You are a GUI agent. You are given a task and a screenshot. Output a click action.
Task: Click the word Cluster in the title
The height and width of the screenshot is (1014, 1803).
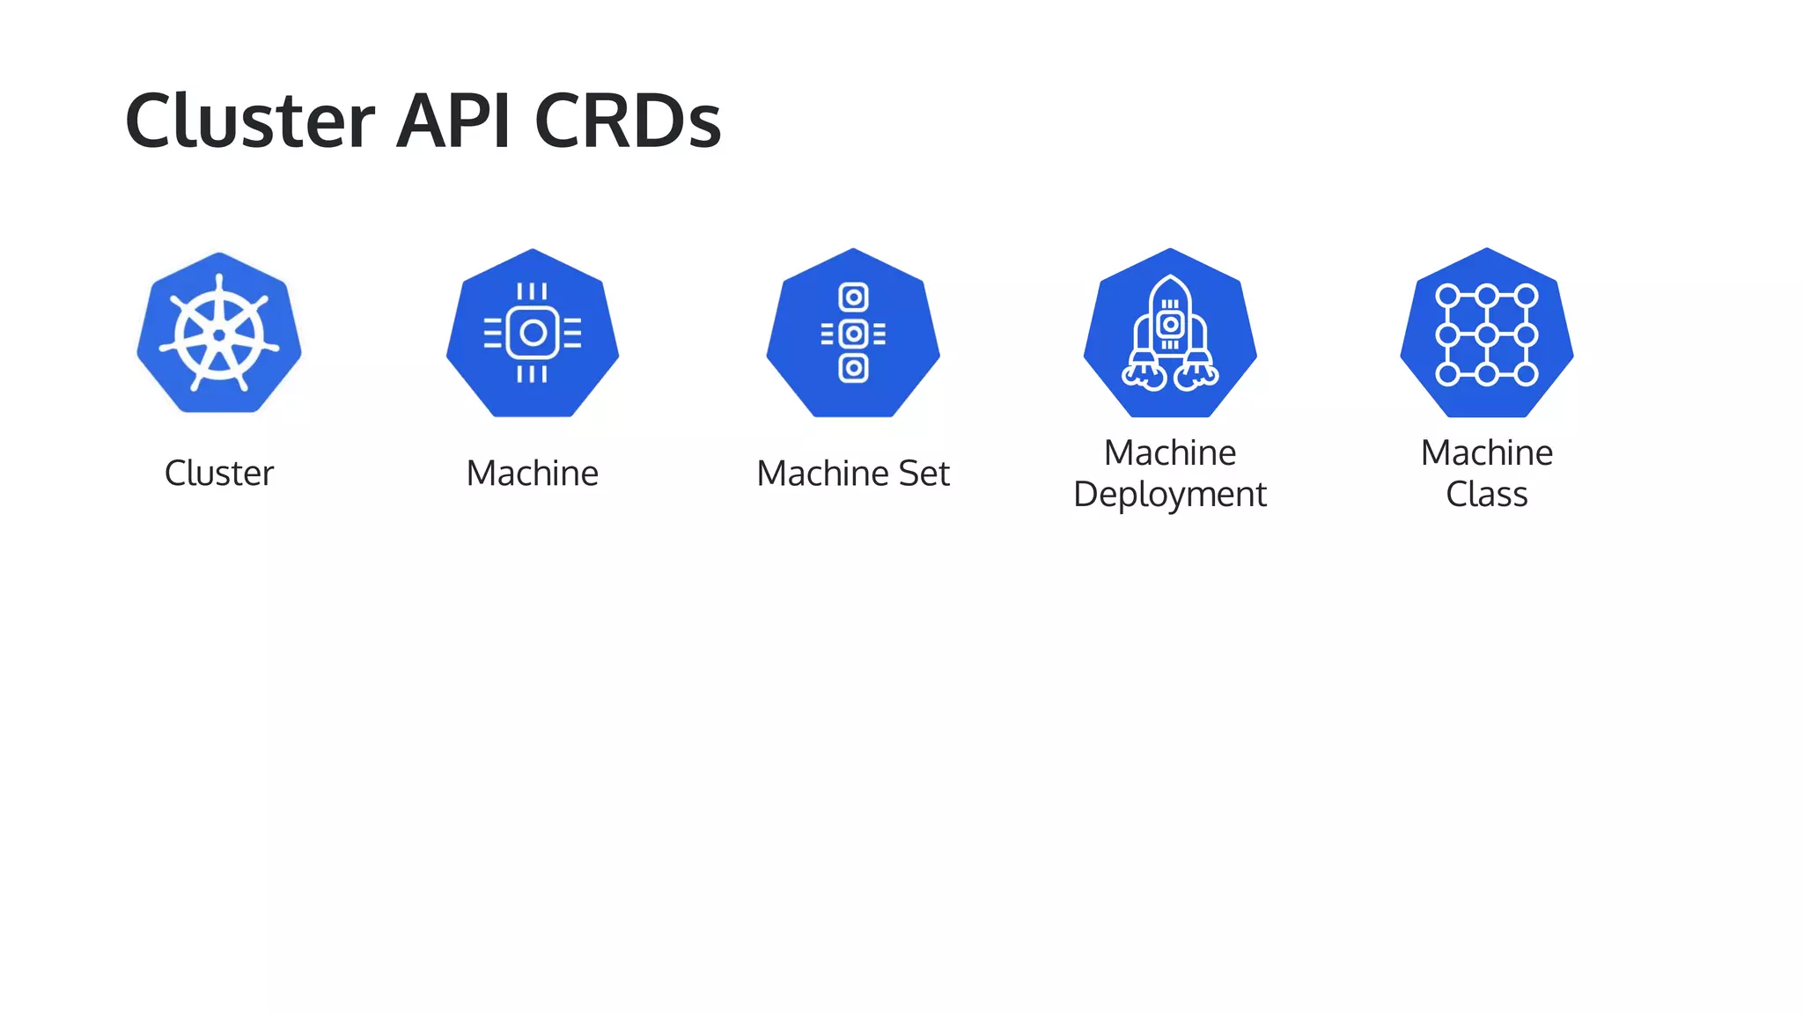250,121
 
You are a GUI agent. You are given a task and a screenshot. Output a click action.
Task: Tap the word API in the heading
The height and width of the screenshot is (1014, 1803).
453,121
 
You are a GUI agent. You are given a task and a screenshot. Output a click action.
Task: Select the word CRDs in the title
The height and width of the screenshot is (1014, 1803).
628,121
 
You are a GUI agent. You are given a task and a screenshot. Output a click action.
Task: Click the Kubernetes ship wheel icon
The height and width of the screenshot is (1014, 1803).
219,334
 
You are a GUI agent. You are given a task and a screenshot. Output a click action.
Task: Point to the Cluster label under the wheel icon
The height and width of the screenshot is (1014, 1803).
219,474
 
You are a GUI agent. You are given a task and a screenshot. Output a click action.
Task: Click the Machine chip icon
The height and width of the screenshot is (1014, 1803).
533,333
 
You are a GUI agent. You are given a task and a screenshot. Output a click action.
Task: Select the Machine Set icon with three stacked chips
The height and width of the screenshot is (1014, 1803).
853,333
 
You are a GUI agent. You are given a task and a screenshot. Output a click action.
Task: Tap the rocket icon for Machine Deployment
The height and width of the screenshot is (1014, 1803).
1170,333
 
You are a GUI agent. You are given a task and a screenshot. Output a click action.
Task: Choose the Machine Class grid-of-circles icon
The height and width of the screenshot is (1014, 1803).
1487,333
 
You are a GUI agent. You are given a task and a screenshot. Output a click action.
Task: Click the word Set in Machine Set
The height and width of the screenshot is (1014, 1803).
924,474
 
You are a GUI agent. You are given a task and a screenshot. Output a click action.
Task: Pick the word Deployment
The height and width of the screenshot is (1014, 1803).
1170,495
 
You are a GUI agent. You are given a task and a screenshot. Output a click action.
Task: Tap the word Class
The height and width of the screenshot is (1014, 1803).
1487,495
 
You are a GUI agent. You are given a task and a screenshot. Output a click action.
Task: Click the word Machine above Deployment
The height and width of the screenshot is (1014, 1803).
1170,453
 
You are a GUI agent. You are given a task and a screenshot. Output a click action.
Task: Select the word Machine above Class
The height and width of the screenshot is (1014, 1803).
1487,453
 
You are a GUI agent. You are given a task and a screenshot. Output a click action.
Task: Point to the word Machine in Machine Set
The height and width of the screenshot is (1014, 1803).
822,474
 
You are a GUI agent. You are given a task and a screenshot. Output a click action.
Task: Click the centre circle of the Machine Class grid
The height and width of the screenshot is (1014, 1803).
1487,334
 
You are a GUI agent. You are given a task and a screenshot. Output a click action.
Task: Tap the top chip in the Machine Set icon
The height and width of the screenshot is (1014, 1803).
853,298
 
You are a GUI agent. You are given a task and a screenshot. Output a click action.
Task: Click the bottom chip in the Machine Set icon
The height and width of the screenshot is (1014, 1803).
853,368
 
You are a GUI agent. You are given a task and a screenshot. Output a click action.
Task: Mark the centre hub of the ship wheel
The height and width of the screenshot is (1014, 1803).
219,335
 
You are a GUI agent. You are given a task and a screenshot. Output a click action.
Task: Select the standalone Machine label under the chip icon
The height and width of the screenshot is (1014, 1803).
533,474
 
